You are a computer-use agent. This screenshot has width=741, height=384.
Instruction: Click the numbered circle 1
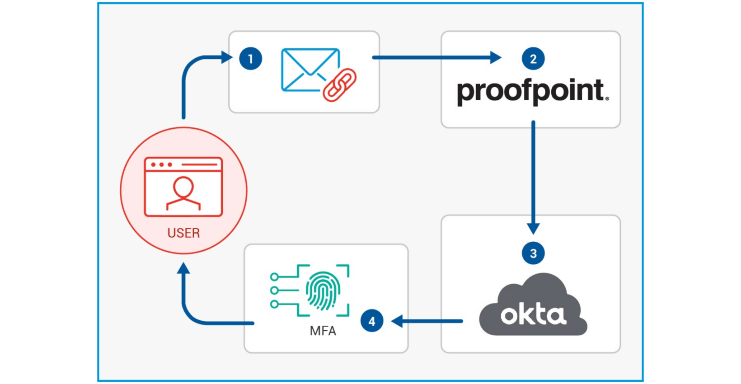pyautogui.click(x=251, y=59)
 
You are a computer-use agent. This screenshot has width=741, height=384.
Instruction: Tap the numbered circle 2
pyautogui.click(x=533, y=59)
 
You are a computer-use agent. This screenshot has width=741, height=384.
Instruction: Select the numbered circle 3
pyautogui.click(x=533, y=253)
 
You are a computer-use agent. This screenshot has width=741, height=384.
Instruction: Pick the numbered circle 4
pyautogui.click(x=372, y=321)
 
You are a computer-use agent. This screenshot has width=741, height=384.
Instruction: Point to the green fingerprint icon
pyautogui.click(x=323, y=290)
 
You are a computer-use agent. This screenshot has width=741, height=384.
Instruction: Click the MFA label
pyautogui.click(x=323, y=331)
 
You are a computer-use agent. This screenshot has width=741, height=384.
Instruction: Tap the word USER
pyautogui.click(x=183, y=233)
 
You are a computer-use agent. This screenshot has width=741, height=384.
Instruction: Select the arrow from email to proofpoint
pyautogui.click(x=436, y=57)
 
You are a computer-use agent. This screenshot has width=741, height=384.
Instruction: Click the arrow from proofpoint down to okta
pyautogui.click(x=533, y=176)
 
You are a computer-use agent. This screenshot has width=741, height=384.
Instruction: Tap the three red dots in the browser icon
pyautogui.click(x=161, y=164)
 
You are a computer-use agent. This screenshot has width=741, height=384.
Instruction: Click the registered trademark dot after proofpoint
pyautogui.click(x=607, y=98)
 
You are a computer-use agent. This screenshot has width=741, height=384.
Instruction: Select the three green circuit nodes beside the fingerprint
pyautogui.click(x=274, y=290)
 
